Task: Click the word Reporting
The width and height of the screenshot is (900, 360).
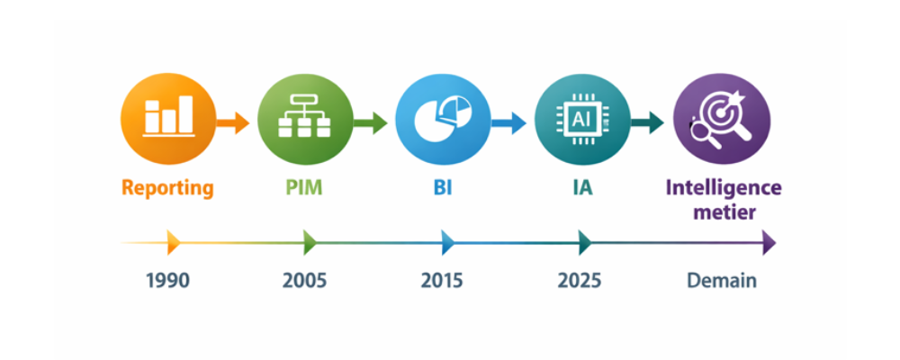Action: coord(168,188)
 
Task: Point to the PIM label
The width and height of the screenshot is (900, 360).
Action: coord(303,188)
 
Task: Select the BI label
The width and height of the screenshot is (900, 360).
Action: coord(442,188)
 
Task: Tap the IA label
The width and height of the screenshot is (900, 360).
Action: coord(580,188)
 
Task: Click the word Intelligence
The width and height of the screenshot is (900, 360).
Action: coord(724,188)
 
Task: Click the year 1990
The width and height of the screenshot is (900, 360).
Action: coord(167,281)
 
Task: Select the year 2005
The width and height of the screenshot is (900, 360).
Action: coord(304,281)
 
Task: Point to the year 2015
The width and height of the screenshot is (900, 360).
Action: coord(442,281)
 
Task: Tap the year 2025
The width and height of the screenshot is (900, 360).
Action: coord(580,281)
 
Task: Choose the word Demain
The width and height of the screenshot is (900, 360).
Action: coord(722,281)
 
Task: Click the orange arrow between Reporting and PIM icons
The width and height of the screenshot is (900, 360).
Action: coord(233,122)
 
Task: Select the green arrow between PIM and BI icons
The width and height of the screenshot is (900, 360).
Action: coord(370,122)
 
